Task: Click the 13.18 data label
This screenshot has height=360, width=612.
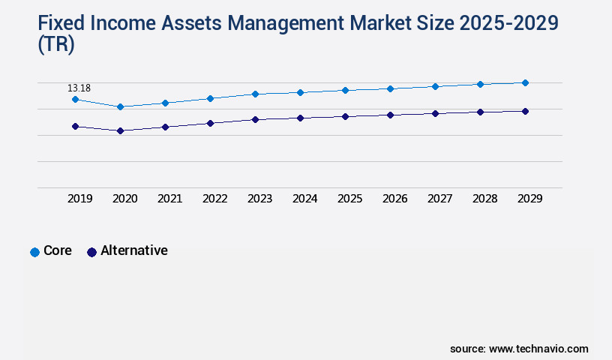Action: coord(79,88)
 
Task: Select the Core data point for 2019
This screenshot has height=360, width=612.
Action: coord(75,99)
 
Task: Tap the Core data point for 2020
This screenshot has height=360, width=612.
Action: coord(120,106)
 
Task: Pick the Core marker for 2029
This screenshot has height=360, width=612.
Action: coord(525,82)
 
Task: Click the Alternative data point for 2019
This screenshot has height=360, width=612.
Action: coord(75,126)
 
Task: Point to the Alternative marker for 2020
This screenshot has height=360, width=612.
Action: coord(120,130)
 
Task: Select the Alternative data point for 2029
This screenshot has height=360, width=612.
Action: coord(525,111)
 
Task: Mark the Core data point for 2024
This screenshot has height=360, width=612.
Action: coord(300,92)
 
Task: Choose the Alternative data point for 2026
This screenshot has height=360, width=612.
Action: coord(390,115)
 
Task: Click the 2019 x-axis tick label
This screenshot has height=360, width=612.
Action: coord(79,199)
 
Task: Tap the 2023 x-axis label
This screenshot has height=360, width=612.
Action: coord(259,199)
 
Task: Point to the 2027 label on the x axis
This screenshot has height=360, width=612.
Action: coord(439,199)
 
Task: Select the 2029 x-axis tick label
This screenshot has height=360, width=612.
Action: coord(529,199)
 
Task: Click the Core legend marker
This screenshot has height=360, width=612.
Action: coord(34,252)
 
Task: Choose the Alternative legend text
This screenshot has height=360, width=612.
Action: coord(133,250)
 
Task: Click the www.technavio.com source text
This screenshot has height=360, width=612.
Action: coord(538,349)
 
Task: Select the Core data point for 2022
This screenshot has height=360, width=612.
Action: coord(210,98)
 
